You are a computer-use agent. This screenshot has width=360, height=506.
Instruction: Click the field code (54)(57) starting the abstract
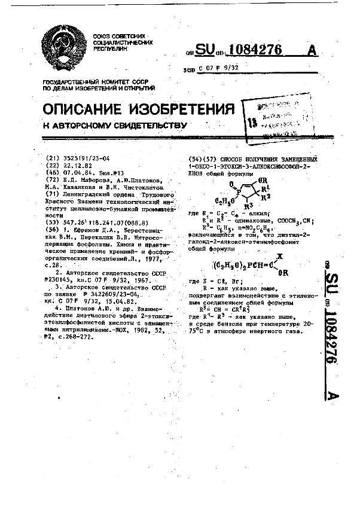coord(199,159)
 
